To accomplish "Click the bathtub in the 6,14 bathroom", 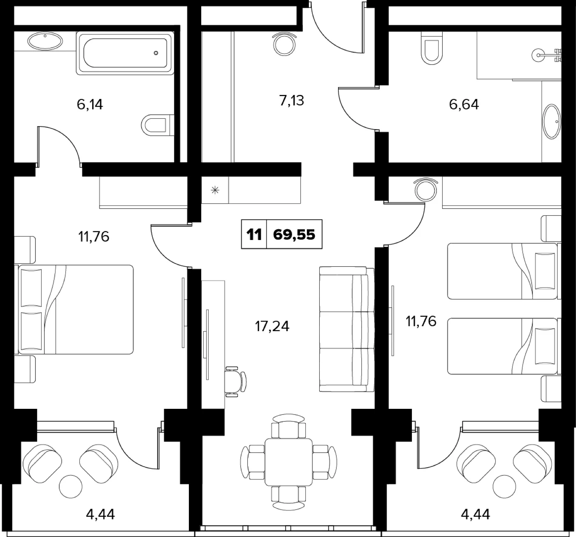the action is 125,53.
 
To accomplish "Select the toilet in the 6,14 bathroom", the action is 158,125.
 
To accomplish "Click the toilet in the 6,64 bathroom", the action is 432,48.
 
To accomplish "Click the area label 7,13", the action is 291,101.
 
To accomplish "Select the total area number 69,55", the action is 294,234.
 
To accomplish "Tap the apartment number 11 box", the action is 254,234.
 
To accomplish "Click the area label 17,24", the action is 272,326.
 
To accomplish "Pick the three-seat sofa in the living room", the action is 347,330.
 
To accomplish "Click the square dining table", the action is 289,462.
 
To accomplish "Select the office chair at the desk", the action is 236,381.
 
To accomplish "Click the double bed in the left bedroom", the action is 74,309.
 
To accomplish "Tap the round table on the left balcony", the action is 70,486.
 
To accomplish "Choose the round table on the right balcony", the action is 505,486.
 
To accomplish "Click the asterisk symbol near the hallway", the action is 215,190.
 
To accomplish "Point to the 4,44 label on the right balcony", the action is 475,514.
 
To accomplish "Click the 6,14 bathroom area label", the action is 90,104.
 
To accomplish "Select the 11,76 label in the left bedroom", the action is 94,237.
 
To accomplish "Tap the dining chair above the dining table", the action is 289,426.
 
